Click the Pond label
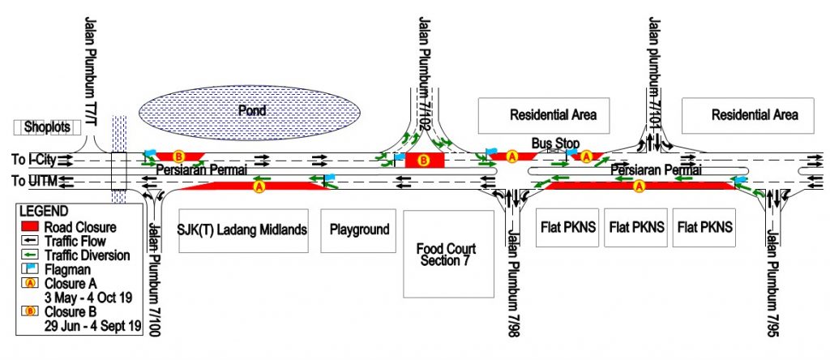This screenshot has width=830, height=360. [251, 110]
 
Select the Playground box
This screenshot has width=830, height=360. [360, 229]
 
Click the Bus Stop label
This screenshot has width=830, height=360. [555, 143]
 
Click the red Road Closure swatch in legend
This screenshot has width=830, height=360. [31, 227]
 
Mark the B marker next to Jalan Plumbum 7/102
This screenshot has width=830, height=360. [422, 161]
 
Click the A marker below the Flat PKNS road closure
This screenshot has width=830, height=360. [640, 186]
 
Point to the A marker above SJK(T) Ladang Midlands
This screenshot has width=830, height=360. [259, 186]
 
